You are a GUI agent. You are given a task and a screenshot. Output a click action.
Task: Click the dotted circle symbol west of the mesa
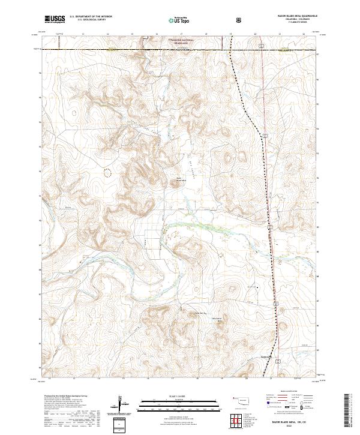[107, 173]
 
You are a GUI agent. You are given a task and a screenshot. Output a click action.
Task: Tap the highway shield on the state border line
[262, 46]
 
